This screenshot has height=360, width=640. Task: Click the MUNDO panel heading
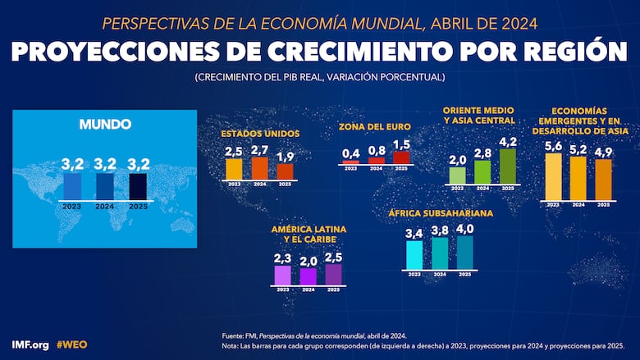[x=104, y=125]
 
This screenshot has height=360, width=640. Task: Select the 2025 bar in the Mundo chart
[x=137, y=185]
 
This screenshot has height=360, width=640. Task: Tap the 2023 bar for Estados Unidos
[x=234, y=168]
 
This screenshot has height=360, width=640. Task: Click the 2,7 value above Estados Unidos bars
[x=259, y=151]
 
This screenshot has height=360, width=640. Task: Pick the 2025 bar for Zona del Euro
[x=401, y=157]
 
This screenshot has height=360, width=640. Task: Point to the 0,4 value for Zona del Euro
[x=350, y=153]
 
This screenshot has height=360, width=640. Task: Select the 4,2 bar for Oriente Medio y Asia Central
[x=507, y=166]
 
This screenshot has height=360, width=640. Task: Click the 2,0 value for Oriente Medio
[x=457, y=159]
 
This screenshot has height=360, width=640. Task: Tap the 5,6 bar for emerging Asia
[x=553, y=176]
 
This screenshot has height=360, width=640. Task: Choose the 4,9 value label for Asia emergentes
[x=603, y=152]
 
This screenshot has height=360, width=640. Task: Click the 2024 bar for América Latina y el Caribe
[x=308, y=276]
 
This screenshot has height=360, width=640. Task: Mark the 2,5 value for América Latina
[x=333, y=257]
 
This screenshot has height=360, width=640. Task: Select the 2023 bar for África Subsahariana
[x=414, y=254]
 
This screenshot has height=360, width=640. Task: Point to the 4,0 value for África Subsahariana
[x=465, y=229]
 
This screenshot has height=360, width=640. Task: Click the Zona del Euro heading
[x=375, y=126]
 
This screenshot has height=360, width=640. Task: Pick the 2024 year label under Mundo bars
[x=105, y=207]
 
